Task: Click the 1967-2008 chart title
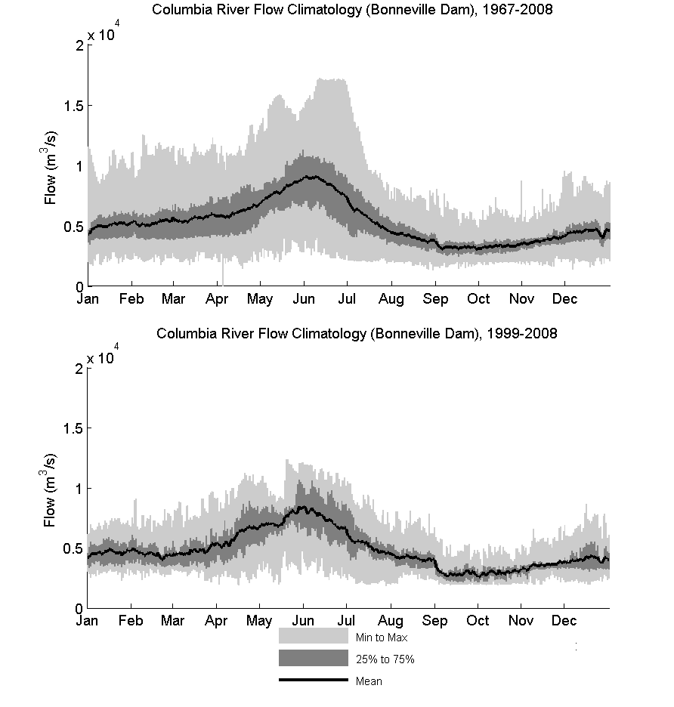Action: point(352,10)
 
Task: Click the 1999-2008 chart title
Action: point(357,333)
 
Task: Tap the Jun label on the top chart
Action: point(304,298)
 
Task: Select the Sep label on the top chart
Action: point(435,299)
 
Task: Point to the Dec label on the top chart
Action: point(565,298)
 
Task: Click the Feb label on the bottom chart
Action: point(131,620)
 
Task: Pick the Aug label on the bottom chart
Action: point(391,621)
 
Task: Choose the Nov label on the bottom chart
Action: point(521,620)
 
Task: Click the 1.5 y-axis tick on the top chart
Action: point(73,106)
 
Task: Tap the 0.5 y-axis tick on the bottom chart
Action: point(73,548)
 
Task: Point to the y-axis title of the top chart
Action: point(49,168)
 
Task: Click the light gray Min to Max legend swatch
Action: point(314,636)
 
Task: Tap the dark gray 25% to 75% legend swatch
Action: point(314,658)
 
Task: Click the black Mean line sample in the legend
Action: point(314,680)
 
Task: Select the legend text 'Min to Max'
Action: point(382,638)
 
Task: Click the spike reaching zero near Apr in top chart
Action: point(223,270)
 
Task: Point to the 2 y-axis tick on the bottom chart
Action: point(79,369)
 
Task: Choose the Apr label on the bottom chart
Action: point(216,621)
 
